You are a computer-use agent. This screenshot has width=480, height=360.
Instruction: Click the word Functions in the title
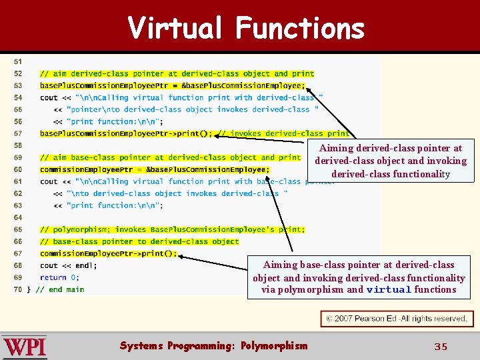(x=299, y=29)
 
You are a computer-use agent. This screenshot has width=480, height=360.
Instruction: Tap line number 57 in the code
(x=17, y=133)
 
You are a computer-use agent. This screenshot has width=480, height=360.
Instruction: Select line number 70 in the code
(x=17, y=289)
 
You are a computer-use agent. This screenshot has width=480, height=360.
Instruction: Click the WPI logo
(x=25, y=347)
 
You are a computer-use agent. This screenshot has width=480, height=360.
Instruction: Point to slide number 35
(x=441, y=347)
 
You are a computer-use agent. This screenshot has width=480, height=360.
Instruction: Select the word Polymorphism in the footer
(x=275, y=345)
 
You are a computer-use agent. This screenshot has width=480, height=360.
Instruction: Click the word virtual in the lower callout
(x=389, y=290)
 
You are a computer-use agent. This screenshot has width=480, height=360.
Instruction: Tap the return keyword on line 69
(x=53, y=277)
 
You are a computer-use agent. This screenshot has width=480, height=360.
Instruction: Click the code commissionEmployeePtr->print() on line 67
(x=109, y=253)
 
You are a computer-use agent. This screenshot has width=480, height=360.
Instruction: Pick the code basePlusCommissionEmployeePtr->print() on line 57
(x=126, y=133)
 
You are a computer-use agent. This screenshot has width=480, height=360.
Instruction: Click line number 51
(x=17, y=61)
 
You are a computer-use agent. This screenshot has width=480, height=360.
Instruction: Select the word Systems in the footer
(x=141, y=345)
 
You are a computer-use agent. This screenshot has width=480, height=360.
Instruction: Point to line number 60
(x=17, y=169)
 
